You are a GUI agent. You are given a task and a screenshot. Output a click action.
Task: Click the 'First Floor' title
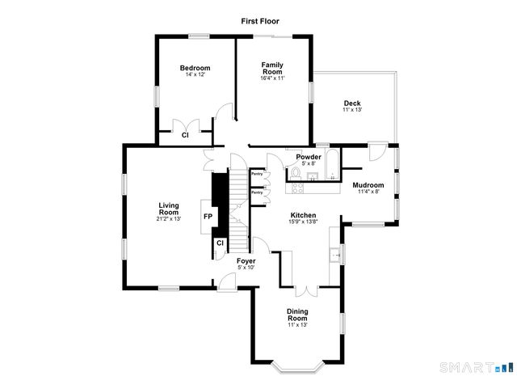pyautogui.click(x=258, y=22)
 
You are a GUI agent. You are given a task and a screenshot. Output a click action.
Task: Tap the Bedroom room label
pyautogui.click(x=195, y=68)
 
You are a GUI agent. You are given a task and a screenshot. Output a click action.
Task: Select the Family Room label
pyautogui.click(x=272, y=67)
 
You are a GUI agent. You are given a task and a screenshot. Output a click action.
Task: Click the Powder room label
pyautogui.click(x=309, y=156)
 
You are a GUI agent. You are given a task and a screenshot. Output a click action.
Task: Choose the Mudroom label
pyautogui.click(x=368, y=186)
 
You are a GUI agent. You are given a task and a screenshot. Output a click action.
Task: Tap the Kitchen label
pyautogui.click(x=304, y=216)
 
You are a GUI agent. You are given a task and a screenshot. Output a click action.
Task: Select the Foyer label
pyautogui.click(x=246, y=261)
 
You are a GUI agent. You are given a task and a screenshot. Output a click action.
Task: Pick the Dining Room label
pyautogui.click(x=297, y=315)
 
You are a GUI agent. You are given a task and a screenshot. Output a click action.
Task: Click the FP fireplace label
pyautogui.click(x=208, y=217)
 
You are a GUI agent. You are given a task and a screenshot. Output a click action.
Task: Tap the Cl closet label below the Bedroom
pyautogui.click(x=185, y=135)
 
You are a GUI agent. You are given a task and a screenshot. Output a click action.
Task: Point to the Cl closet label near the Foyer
pyautogui.click(x=220, y=243)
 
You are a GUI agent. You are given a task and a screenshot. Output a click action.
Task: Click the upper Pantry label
pyautogui.click(x=257, y=173)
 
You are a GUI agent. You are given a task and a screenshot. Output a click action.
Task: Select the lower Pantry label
pyautogui.click(x=257, y=192)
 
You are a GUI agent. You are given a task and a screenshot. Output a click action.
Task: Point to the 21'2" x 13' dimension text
pyautogui.click(x=168, y=218)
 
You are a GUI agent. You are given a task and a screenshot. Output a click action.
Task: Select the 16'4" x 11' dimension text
pyautogui.click(x=272, y=78)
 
